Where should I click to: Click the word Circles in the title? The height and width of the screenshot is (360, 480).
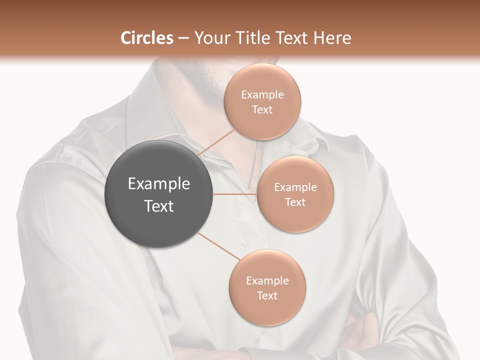click(x=147, y=38)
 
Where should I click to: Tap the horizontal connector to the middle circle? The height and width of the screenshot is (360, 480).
click(x=235, y=194)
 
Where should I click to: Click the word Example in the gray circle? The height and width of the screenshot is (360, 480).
click(x=159, y=184)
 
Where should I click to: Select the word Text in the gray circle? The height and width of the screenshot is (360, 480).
click(x=159, y=205)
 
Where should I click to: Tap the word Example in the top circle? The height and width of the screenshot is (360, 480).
click(x=262, y=94)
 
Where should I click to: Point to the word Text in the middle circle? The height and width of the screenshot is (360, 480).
click(x=295, y=202)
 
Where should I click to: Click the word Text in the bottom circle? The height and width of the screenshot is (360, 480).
click(x=267, y=295)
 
